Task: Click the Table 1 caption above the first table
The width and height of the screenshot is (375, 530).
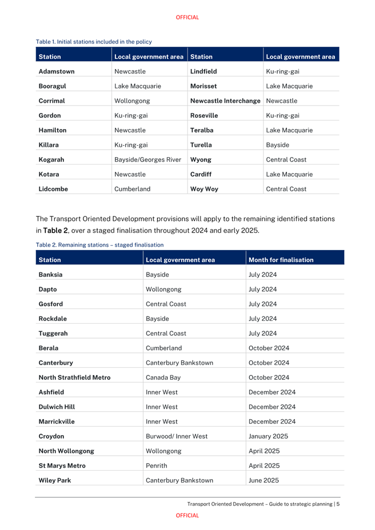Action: point(94,42)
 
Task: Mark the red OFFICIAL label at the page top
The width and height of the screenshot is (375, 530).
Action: point(187,17)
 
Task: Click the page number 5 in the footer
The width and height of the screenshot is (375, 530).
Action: point(338,504)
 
